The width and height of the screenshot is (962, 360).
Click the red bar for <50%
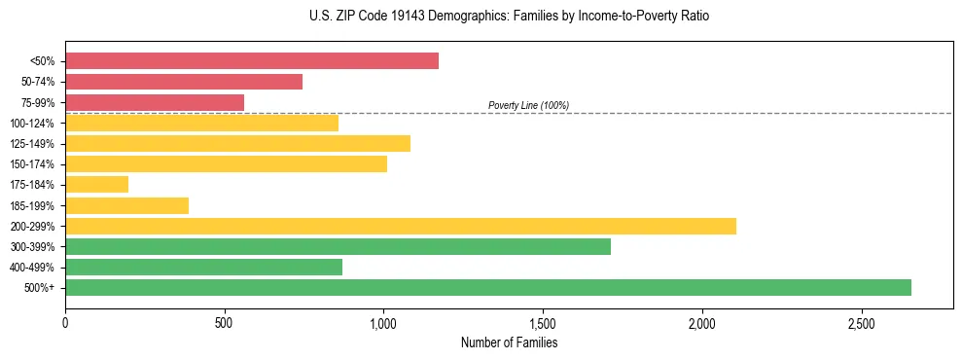(251, 61)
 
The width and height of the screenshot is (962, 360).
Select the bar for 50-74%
(183, 82)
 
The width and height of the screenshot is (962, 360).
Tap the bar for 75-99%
(154, 102)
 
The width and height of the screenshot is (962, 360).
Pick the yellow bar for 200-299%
(400, 226)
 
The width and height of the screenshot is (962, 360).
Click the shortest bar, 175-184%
(96, 185)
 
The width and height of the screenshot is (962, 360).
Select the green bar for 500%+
(487, 287)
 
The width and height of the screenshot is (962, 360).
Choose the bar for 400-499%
(203, 267)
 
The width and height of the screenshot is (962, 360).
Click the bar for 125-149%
(237, 144)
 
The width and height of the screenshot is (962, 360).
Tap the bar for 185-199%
(126, 205)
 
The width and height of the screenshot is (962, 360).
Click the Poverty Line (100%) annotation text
(528, 105)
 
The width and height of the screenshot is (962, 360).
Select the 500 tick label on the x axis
(224, 322)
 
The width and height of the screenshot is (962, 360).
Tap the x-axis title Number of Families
(509, 342)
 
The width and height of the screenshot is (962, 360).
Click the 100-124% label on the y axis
(32, 124)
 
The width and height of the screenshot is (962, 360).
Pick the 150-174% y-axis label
(32, 164)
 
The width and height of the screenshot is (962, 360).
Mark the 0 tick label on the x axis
(65, 322)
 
